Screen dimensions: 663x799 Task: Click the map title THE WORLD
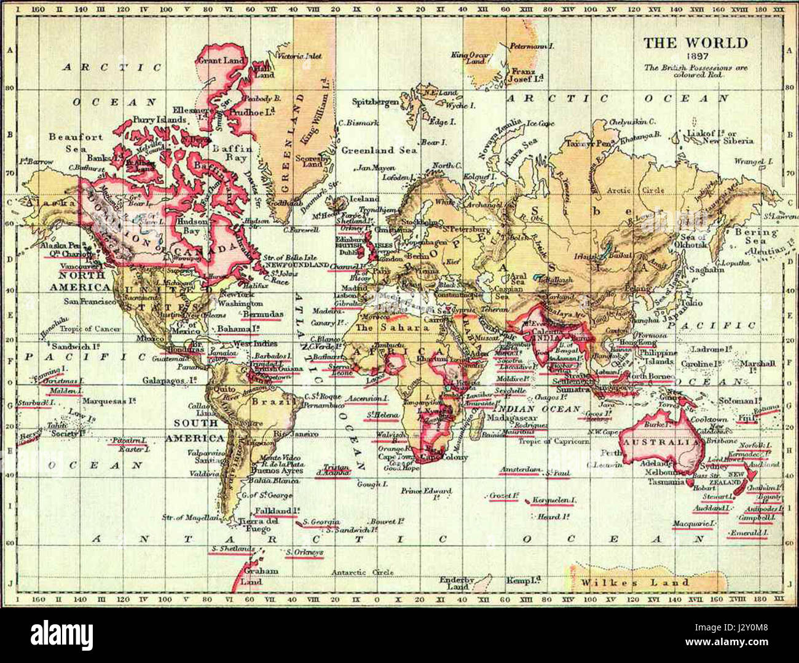(x=696, y=43)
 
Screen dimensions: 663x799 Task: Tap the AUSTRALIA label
(x=660, y=442)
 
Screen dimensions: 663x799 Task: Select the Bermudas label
(x=263, y=314)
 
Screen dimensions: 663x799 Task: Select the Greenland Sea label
(x=379, y=149)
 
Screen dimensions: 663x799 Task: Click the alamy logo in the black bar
(x=61, y=634)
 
